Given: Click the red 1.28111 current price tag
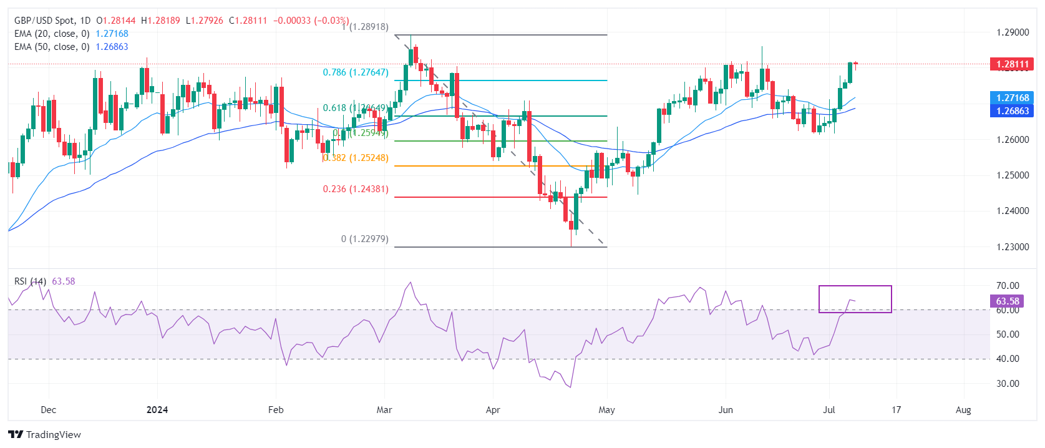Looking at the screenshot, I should point(1011,64).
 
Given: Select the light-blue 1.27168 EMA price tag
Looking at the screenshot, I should point(1011,97).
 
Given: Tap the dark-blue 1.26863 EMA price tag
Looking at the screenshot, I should point(1011,110).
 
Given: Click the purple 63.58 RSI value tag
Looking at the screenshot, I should point(1006,301).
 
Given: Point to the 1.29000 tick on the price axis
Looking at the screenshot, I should point(1012,32).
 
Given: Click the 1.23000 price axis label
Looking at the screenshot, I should point(1012,247).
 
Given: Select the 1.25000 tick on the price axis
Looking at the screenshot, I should point(1012,175).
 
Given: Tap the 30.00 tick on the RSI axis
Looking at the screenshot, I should point(1008,384).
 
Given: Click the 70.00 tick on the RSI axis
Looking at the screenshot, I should point(1008,286).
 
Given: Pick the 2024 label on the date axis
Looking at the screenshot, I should point(157,410).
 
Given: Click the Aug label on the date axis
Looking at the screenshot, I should point(963,410).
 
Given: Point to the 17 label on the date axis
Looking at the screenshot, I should point(896,410).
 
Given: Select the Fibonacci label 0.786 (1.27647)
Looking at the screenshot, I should point(355,72).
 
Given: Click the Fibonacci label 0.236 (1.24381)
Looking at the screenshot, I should point(355,189).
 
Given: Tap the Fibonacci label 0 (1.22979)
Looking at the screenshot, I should point(364,239).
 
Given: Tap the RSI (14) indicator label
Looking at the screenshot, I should point(30,281).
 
